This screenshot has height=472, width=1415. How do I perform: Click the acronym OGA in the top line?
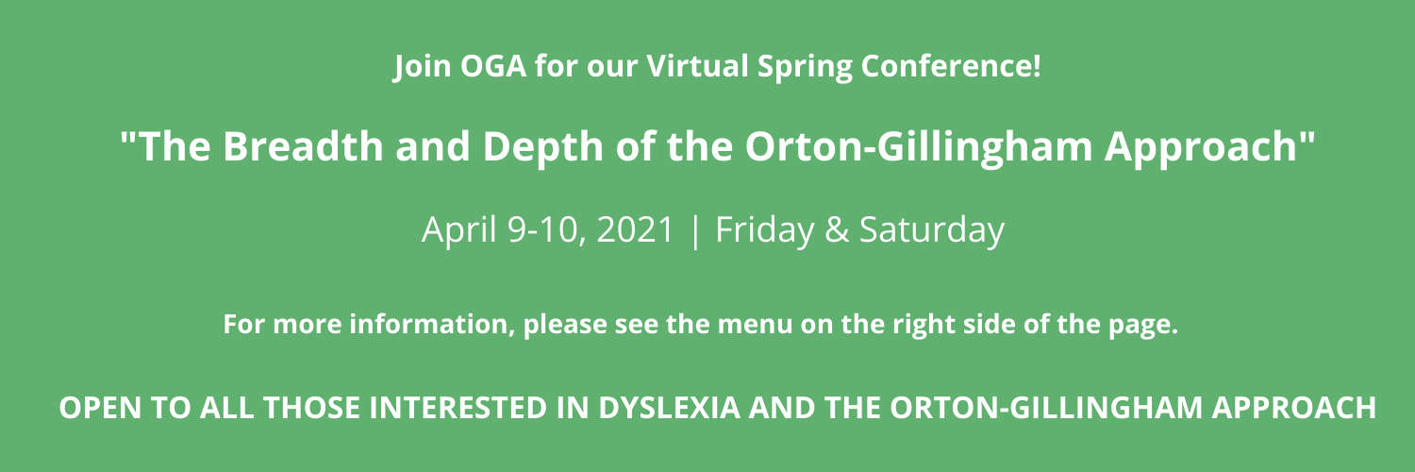point(492,66)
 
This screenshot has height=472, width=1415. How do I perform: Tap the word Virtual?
point(697,66)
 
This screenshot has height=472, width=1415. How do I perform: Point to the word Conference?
point(950,66)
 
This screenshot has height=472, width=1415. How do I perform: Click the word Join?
point(422,67)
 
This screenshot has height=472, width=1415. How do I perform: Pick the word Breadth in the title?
point(303,146)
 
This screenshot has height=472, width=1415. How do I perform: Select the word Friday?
point(764,230)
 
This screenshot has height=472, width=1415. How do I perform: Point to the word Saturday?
point(932,230)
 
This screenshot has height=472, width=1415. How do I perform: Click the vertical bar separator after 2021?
point(695,230)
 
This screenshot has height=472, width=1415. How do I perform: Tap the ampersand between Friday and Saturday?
point(837,229)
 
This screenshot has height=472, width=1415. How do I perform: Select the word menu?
point(755,324)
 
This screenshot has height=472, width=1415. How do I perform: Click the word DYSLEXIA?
point(669,408)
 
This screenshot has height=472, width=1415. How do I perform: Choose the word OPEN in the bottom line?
point(100,408)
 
